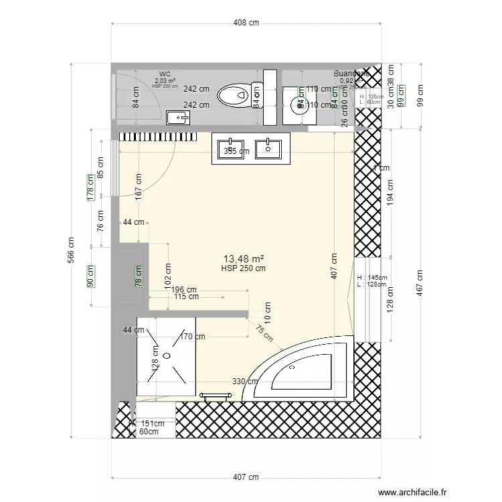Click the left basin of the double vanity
tap(230, 147)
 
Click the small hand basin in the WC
tap(178, 118)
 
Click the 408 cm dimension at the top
tap(246, 23)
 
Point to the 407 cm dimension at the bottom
tap(246, 477)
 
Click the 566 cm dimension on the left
tap(72, 251)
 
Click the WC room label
tap(165, 74)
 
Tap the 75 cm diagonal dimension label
tap(259, 329)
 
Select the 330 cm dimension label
tap(245, 382)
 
